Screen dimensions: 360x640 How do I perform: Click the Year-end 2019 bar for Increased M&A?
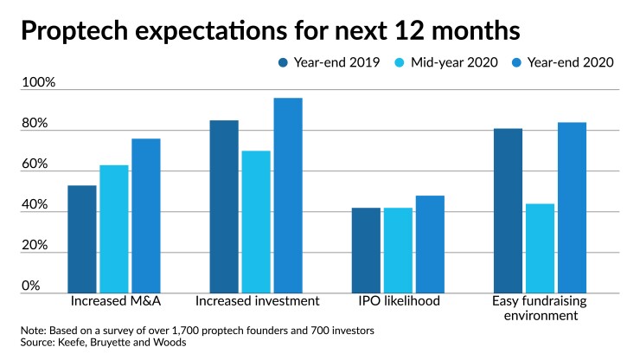point(82,240)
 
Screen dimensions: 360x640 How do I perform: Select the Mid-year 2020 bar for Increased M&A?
point(114,229)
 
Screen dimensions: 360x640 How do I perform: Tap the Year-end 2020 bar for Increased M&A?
point(146,216)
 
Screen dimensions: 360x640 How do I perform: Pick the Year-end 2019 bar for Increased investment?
point(224,207)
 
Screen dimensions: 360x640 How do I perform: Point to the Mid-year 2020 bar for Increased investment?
point(256,222)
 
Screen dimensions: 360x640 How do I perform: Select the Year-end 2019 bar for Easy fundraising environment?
point(508,211)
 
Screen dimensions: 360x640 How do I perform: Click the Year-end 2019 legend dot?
point(284,62)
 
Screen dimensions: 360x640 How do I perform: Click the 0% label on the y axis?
point(31,286)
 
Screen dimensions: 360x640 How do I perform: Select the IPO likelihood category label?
point(399,301)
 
